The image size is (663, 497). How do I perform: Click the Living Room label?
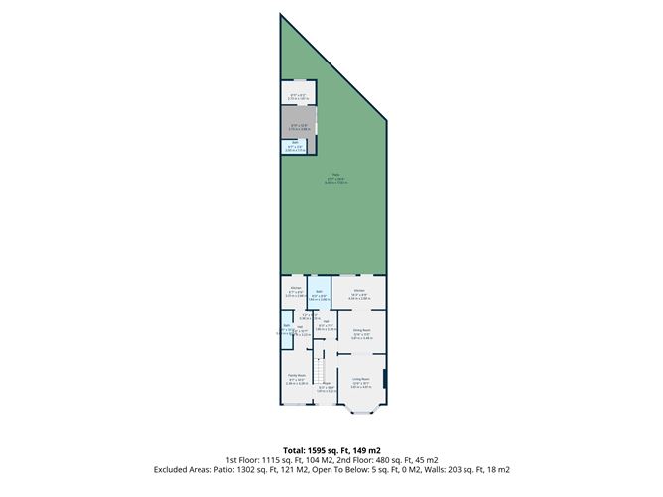click(x=359, y=378)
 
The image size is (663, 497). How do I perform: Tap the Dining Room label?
click(x=360, y=331)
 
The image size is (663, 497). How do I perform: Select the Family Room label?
click(x=296, y=376)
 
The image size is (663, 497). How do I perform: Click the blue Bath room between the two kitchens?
click(x=319, y=294)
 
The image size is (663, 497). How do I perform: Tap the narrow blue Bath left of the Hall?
click(x=286, y=331)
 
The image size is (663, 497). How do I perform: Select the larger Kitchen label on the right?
click(x=359, y=292)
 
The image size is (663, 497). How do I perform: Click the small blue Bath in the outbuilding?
click(x=295, y=146)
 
